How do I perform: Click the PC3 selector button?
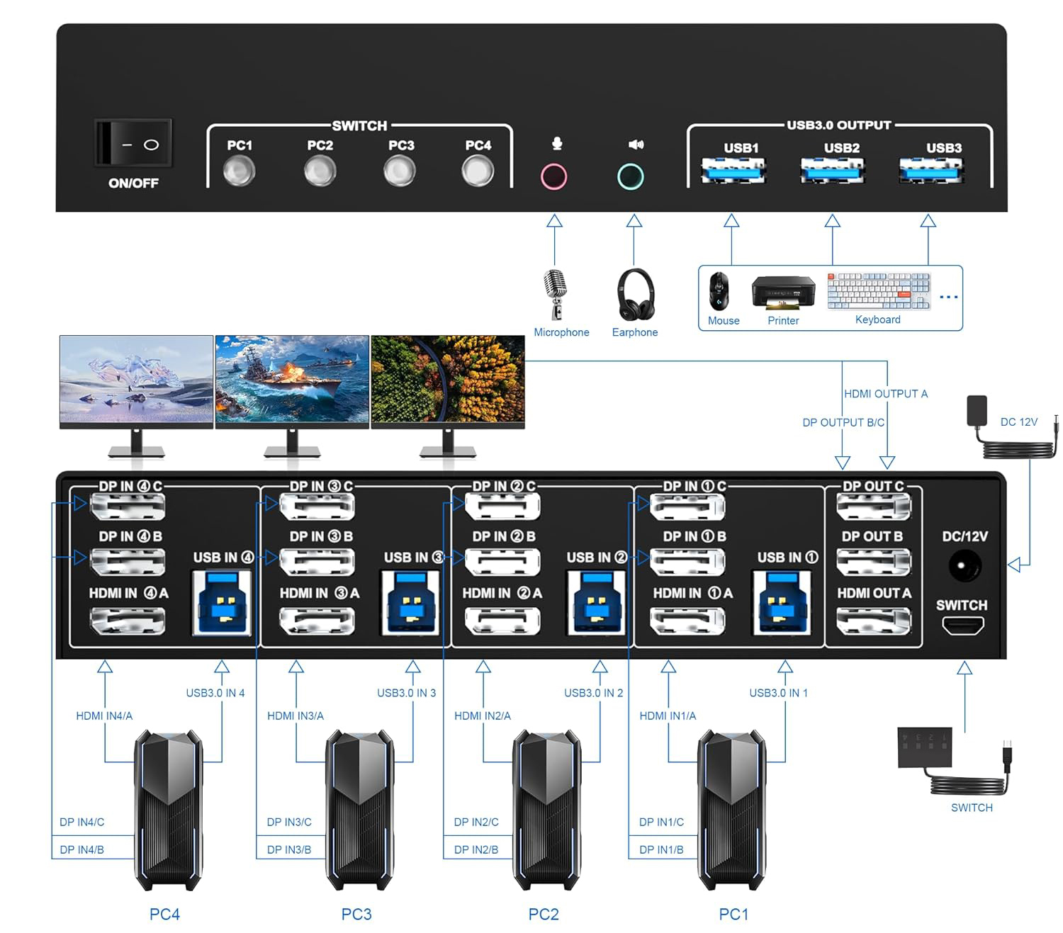click(400, 171)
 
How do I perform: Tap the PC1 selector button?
click(240, 171)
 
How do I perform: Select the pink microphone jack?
click(553, 176)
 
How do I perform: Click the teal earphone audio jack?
click(630, 176)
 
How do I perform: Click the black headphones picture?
click(635, 294)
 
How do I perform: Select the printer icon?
click(782, 292)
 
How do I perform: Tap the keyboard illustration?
click(878, 290)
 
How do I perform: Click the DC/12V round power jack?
click(964, 566)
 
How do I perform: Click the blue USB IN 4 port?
click(222, 602)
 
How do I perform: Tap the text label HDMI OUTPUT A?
click(885, 394)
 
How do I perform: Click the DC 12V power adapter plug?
click(977, 411)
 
